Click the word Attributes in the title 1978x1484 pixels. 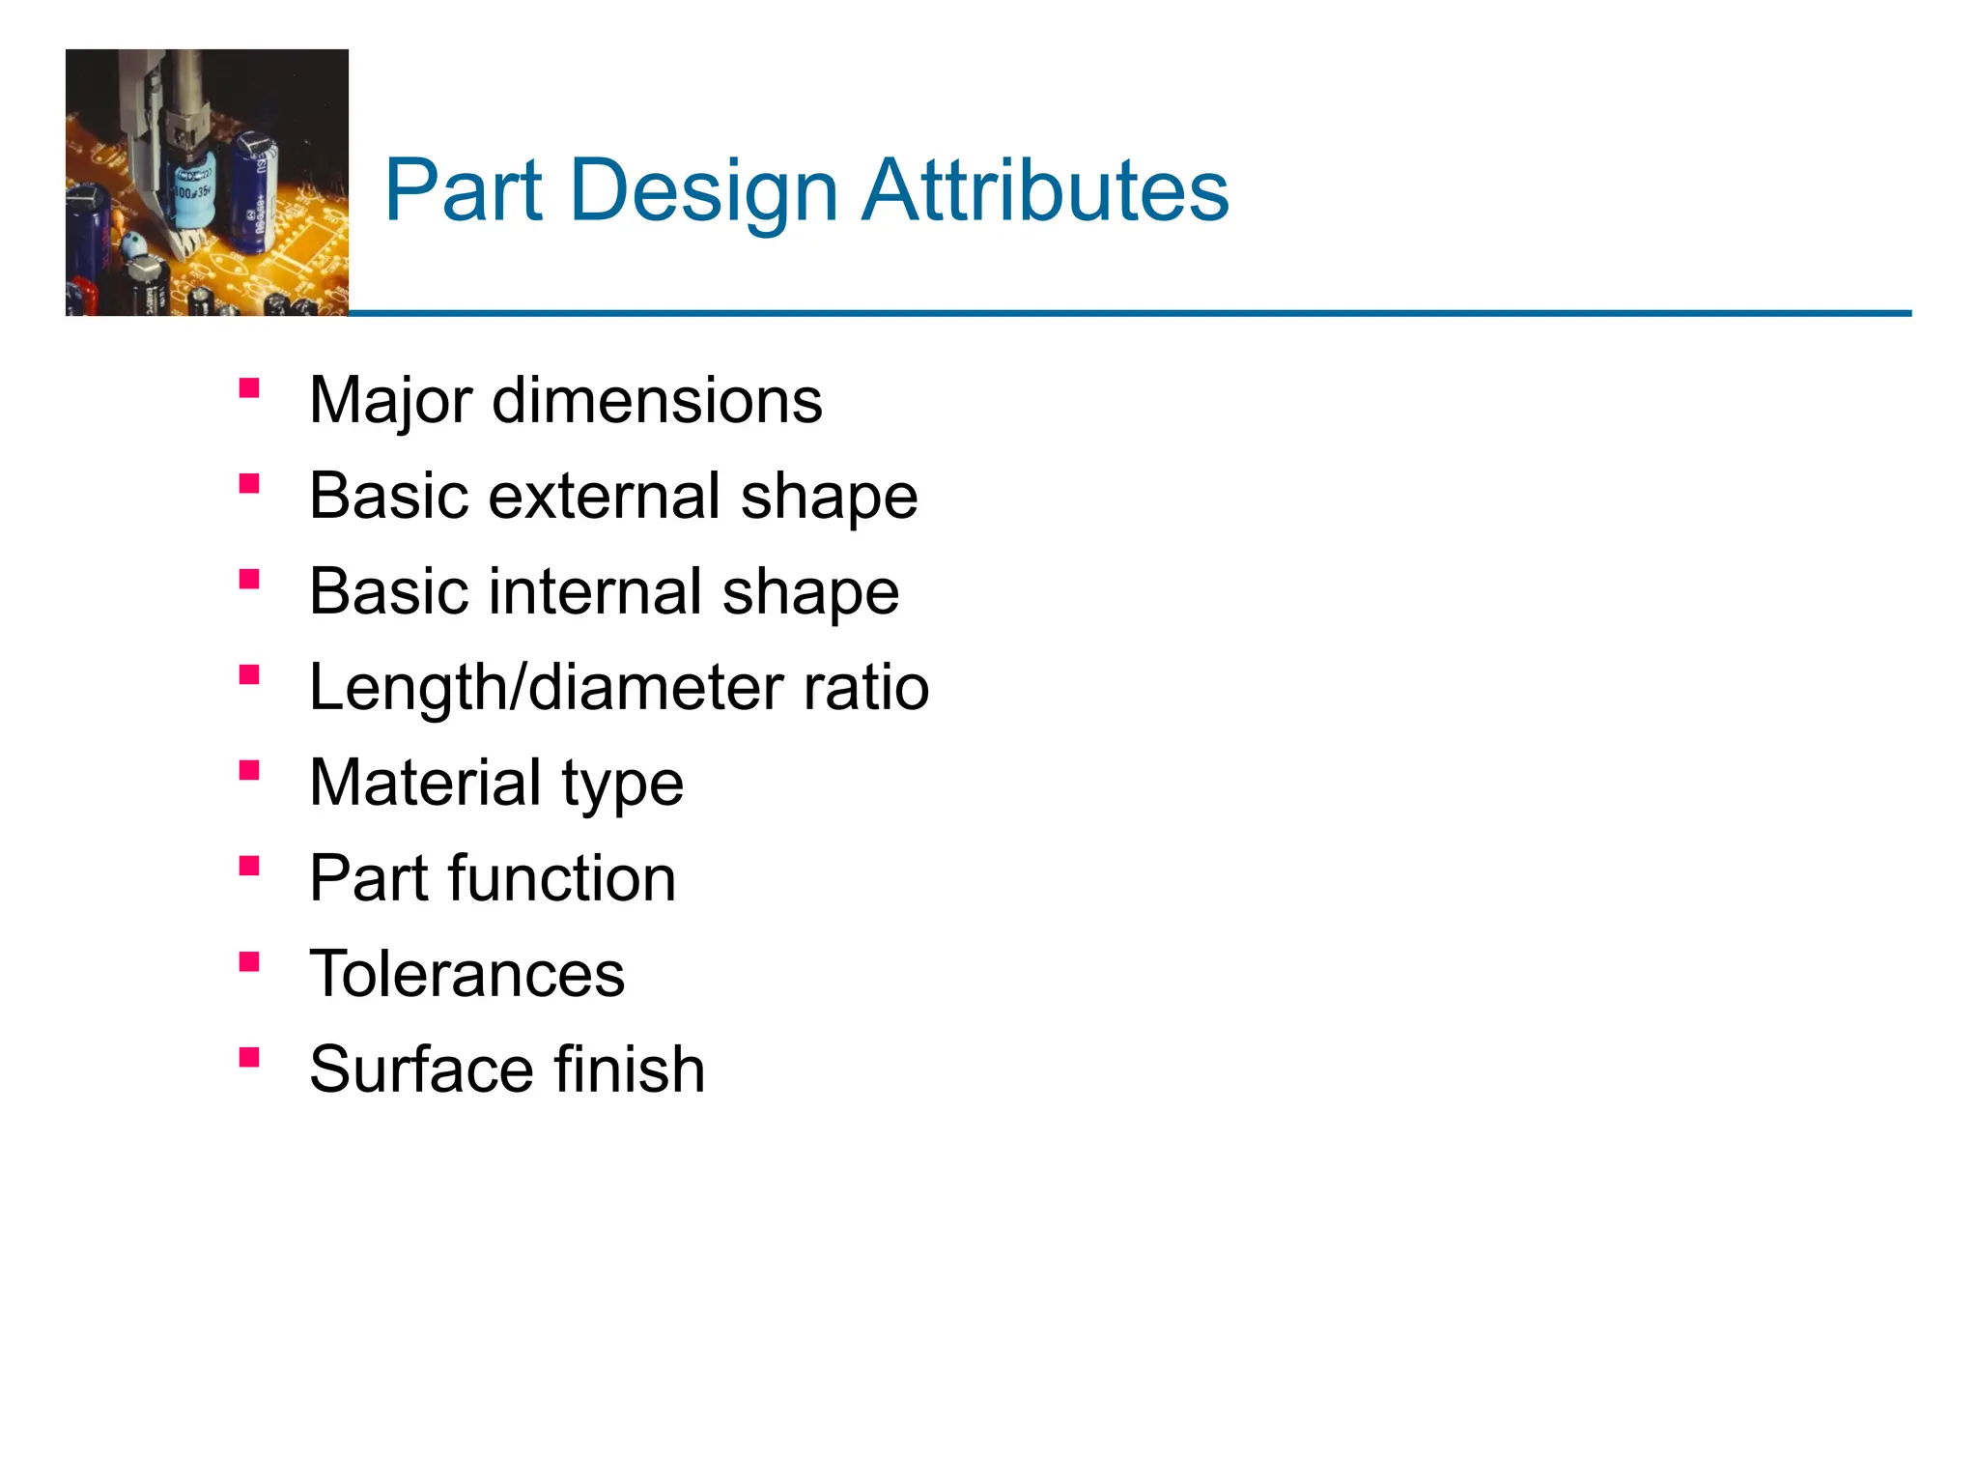tap(1045, 190)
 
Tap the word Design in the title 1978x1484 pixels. tap(704, 192)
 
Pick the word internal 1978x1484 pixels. tap(596, 591)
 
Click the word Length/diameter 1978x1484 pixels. tap(547, 688)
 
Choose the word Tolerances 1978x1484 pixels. tap(467, 974)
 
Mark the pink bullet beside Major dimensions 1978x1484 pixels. tap(249, 388)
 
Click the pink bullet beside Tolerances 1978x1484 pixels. tap(249, 962)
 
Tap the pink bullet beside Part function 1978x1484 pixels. tap(249, 867)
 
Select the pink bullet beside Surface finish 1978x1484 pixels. tap(249, 1058)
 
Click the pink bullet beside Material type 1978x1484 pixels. tap(249, 771)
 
